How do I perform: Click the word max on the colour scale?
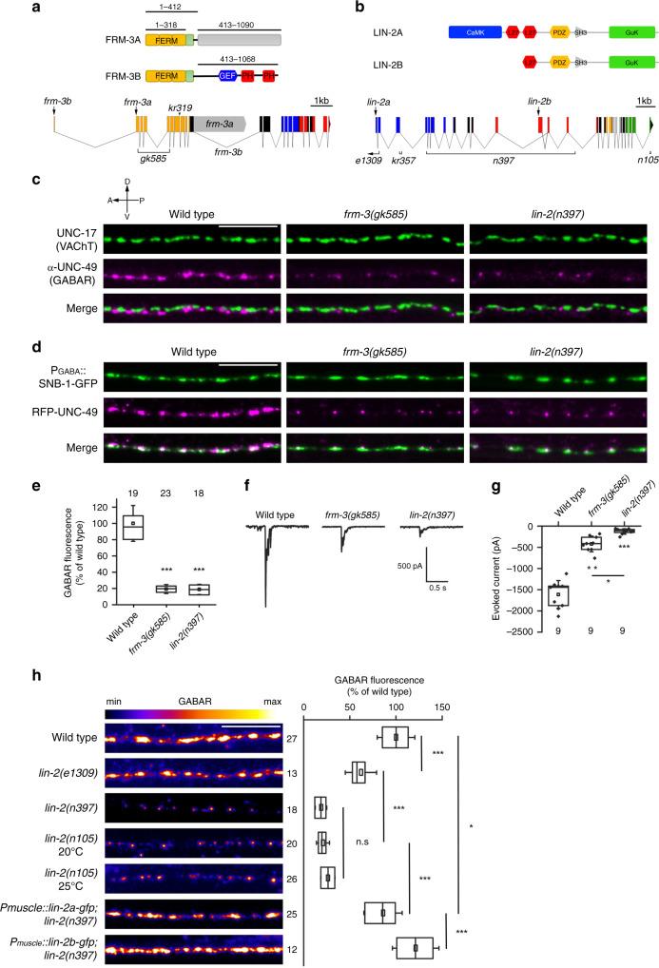click(x=272, y=702)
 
